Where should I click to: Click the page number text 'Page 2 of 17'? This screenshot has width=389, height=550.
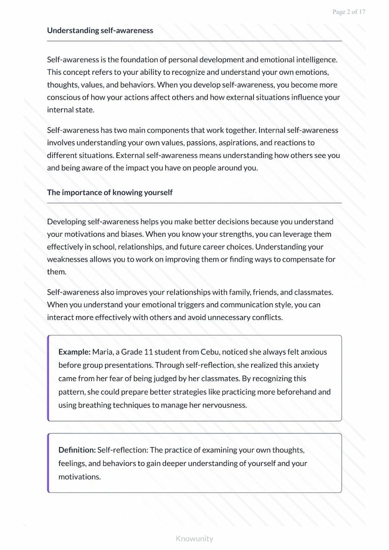coord(349,12)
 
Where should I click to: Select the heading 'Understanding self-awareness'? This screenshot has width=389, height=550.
coord(100,31)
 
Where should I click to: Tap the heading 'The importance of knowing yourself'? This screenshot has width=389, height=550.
coord(109,193)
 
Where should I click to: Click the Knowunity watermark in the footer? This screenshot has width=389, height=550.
coord(194,539)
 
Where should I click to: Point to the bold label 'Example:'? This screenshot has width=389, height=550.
coord(74,352)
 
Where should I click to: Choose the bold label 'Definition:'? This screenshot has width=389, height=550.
coord(77,450)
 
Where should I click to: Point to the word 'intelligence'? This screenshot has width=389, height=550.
coord(315,60)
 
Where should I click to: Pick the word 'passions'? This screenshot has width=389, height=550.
coord(204,143)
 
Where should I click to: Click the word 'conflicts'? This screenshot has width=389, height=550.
coord(265,318)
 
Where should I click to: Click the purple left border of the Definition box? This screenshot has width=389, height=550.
coord(48,463)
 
